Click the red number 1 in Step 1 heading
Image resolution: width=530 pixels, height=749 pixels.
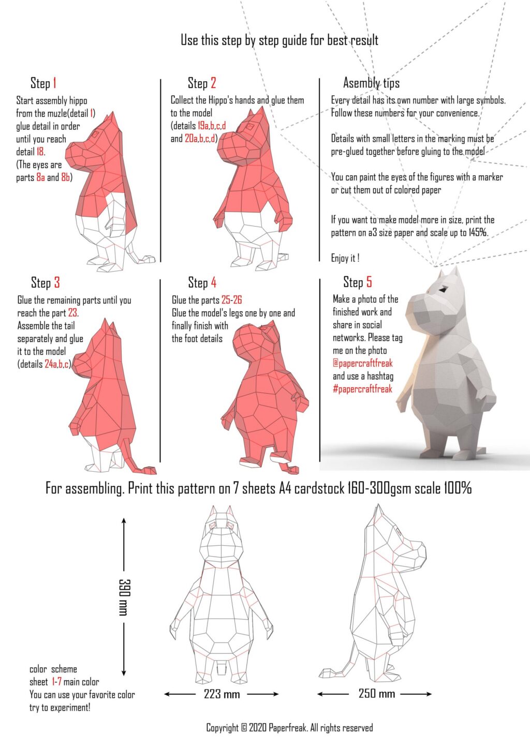point(54,83)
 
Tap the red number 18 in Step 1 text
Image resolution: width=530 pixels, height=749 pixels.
point(40,152)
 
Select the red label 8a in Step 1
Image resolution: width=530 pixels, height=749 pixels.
point(40,177)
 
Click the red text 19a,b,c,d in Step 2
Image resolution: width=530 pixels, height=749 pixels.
point(212,126)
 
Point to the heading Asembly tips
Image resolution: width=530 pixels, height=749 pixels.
point(372,83)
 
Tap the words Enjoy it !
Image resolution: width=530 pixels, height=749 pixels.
point(345,258)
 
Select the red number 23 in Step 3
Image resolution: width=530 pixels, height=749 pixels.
point(73,312)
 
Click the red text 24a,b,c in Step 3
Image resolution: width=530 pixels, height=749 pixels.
point(57,364)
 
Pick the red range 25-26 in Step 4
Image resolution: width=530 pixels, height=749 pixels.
point(231,299)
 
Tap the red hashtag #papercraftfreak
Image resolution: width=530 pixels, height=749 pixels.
point(362,389)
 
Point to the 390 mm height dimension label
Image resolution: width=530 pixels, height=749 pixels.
point(124,597)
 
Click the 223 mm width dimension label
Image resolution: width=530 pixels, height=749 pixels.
point(222,694)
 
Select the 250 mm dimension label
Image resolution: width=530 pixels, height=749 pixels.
point(376,694)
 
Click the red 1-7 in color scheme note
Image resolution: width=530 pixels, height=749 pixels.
point(56,681)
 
